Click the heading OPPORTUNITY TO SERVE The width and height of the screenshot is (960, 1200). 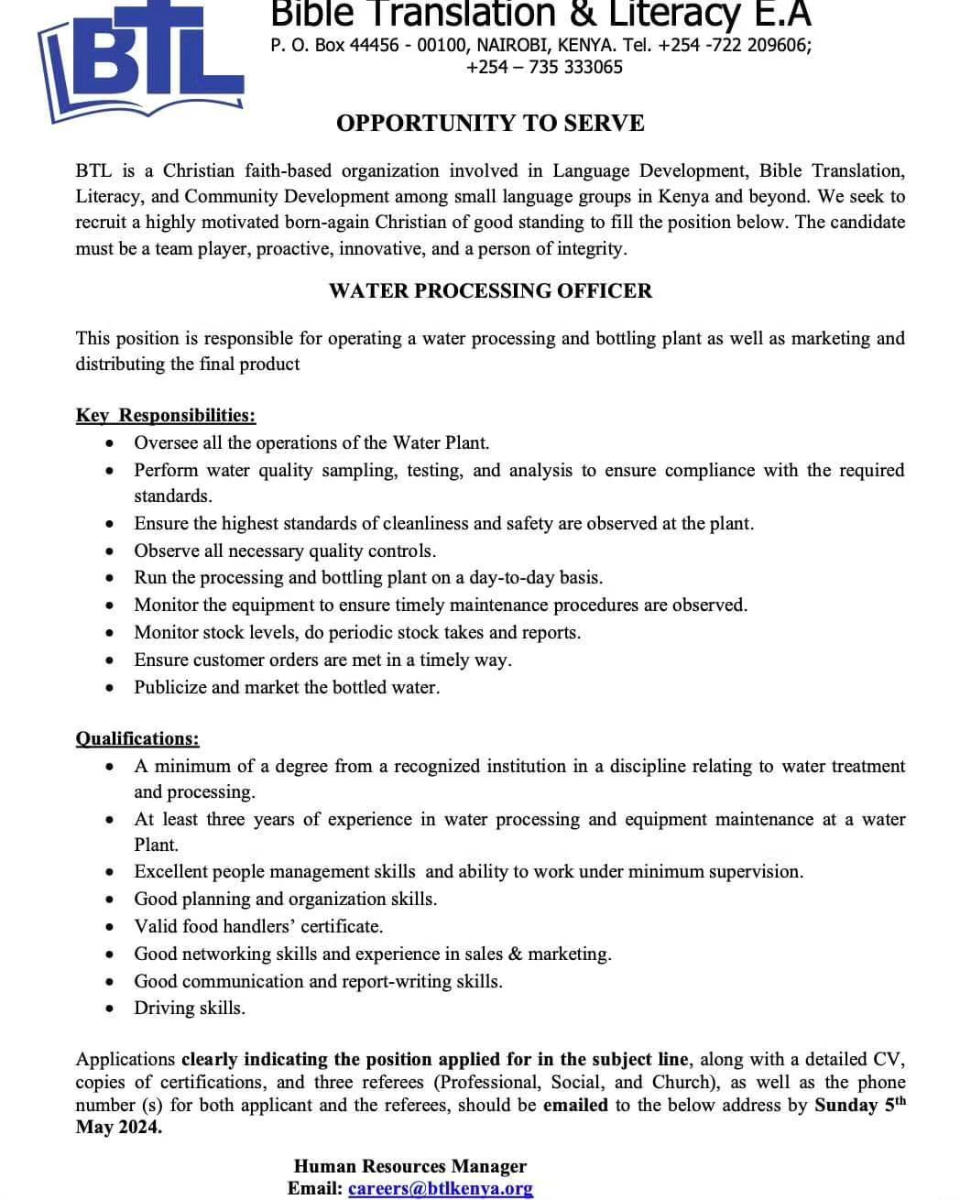pyautogui.click(x=490, y=123)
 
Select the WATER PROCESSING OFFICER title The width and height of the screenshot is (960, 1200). pyautogui.click(x=490, y=291)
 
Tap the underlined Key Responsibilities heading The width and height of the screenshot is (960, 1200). pyautogui.click(x=166, y=415)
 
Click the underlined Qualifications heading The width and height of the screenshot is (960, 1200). pyautogui.click(x=137, y=738)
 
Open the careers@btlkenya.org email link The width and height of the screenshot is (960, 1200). pyautogui.click(x=440, y=1188)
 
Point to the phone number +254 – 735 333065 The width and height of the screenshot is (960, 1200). pyautogui.click(x=544, y=67)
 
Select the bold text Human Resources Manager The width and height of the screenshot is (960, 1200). pyautogui.click(x=410, y=1166)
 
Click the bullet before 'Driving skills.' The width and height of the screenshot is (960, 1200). pyautogui.click(x=111, y=1009)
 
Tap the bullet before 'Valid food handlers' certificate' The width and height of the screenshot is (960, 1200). pyautogui.click(x=111, y=927)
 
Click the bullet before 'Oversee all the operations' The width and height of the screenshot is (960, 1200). pyautogui.click(x=111, y=443)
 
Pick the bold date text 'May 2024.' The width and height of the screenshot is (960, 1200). pyautogui.click(x=118, y=1127)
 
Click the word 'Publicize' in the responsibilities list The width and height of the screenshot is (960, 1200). pyautogui.click(x=169, y=687)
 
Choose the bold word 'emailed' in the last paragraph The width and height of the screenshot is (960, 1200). pyautogui.click(x=575, y=1105)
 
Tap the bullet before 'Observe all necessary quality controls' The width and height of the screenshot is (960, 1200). pyautogui.click(x=111, y=551)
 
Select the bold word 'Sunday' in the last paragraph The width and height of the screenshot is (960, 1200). pyautogui.click(x=845, y=1105)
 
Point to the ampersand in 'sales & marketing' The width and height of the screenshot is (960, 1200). pyautogui.click(x=515, y=954)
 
